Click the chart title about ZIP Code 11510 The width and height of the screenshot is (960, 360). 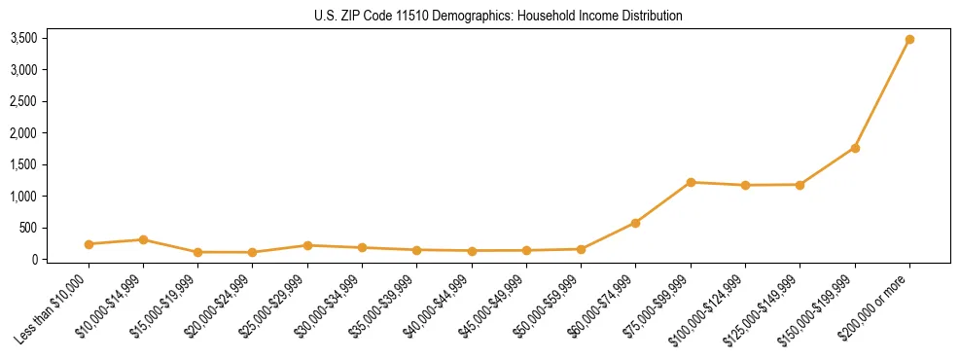click(499, 17)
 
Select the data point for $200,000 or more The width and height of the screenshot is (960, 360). click(909, 40)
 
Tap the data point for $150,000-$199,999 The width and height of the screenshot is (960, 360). click(855, 148)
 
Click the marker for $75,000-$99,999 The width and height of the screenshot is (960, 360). click(691, 182)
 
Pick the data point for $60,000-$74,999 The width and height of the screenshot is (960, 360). click(635, 223)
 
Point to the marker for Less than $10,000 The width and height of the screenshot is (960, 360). click(89, 244)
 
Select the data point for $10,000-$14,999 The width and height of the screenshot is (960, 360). click(143, 239)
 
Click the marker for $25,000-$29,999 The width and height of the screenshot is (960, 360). click(307, 245)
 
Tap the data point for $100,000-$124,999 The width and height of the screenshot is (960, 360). click(745, 185)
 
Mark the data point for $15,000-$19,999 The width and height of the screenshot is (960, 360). click(197, 252)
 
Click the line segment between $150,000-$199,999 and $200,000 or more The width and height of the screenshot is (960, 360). click(882, 94)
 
